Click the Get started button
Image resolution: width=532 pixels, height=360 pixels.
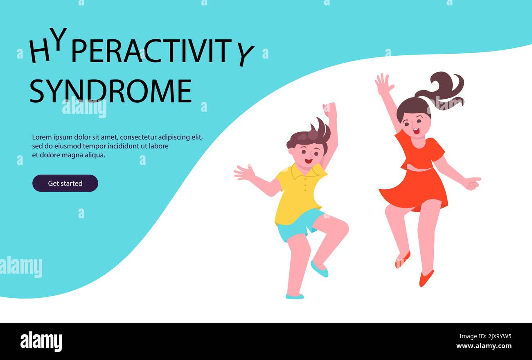click(65, 183)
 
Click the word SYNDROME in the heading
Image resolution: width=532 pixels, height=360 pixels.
click(110, 91)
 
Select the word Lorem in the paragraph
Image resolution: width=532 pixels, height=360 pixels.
click(41, 137)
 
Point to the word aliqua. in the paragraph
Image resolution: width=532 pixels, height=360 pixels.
click(96, 155)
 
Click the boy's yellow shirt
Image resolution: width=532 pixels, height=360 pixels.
click(297, 192)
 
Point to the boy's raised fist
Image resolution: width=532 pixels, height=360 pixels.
click(330, 111)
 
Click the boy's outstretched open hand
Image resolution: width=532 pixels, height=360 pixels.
click(244, 173)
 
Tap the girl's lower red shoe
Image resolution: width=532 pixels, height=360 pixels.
click(426, 278)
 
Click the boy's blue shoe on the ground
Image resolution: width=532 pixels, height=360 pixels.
click(295, 296)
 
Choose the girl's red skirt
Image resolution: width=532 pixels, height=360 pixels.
click(415, 188)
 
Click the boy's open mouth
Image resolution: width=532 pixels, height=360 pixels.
click(308, 161)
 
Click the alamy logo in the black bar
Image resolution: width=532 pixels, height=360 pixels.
click(41, 342)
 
